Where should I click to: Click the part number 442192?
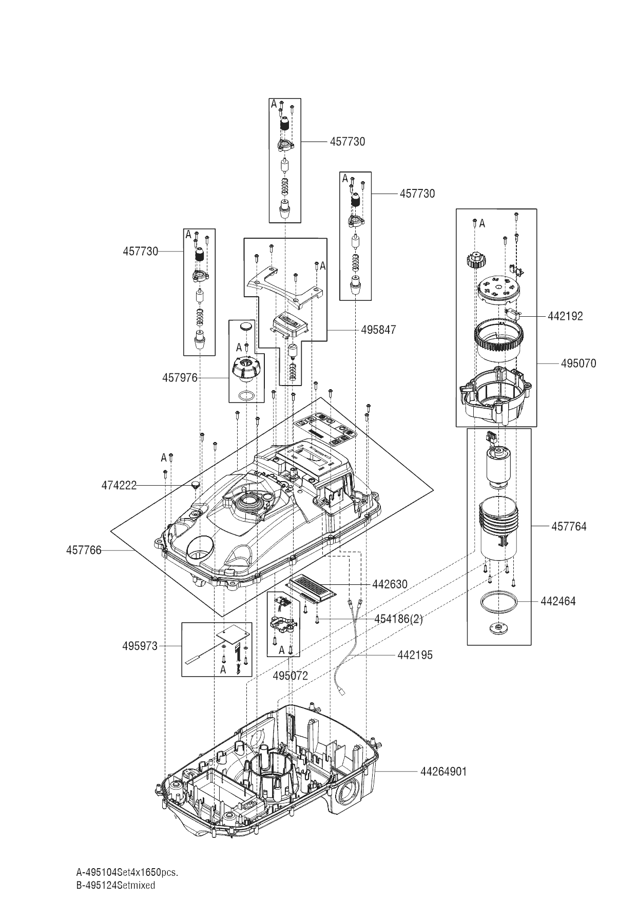click(x=565, y=316)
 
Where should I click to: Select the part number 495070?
click(x=578, y=363)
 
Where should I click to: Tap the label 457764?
click(x=569, y=526)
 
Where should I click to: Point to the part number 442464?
click(x=558, y=601)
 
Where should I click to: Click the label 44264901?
click(x=443, y=772)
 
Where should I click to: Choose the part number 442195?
click(x=415, y=655)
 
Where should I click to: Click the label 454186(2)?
click(x=398, y=619)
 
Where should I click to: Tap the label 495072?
click(x=290, y=676)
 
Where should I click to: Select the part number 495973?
click(x=140, y=646)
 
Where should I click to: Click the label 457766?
click(x=84, y=550)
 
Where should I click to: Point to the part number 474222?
click(x=119, y=485)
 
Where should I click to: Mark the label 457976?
click(x=180, y=378)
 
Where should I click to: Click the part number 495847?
click(x=378, y=330)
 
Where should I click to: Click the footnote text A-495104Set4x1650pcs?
click(x=127, y=872)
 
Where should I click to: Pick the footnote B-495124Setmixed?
click(x=115, y=885)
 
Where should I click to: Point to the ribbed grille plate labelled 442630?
click(x=312, y=587)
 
